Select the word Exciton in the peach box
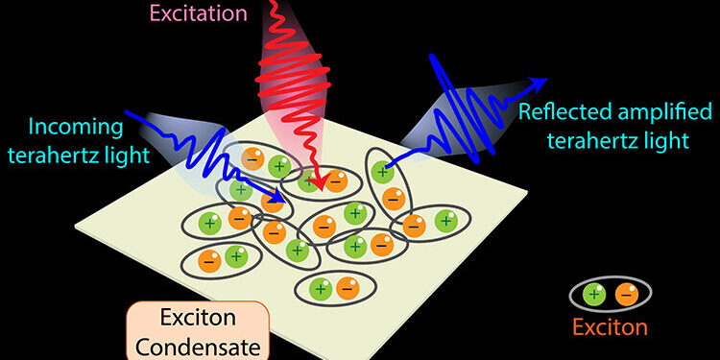coord(198,317)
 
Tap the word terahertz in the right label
coord(604,140)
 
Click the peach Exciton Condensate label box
coord(198,329)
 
